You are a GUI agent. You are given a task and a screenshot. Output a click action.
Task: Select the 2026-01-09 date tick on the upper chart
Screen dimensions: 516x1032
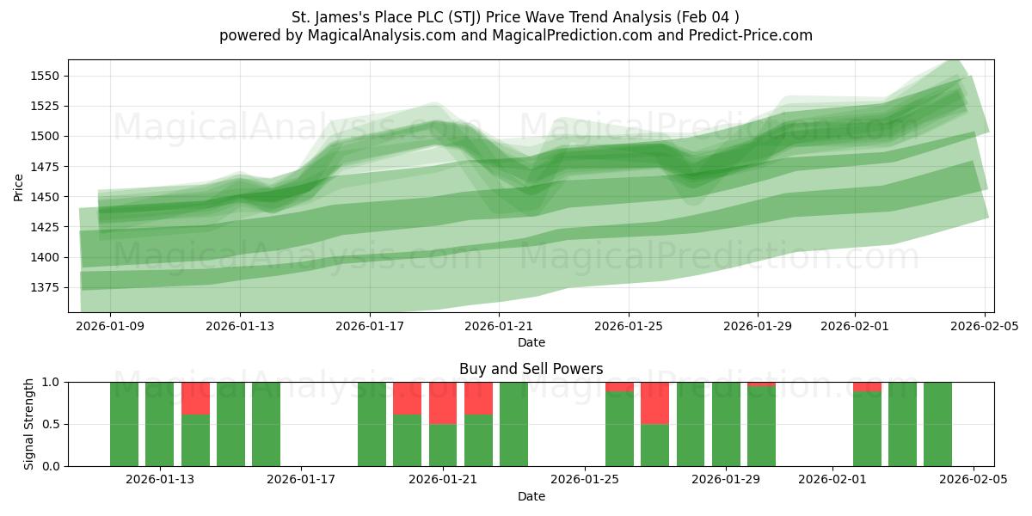110,327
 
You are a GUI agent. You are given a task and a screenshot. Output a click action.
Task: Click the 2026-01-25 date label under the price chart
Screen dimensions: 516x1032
628,327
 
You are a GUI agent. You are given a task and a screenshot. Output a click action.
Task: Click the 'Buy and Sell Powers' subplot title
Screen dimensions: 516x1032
531,369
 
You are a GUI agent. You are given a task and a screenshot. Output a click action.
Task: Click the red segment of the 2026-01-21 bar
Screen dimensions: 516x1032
443,402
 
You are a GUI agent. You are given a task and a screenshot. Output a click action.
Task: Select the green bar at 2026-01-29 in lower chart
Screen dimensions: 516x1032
726,424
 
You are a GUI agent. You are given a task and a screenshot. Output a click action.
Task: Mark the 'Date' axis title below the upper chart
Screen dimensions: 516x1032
531,342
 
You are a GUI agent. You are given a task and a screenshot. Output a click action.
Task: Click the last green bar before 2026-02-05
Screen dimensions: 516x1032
937,424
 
